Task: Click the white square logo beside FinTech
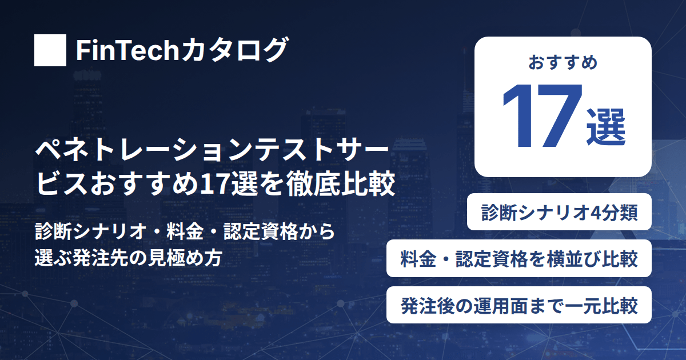[50, 50]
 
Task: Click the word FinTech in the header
[127, 50]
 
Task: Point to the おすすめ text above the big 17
[563, 62]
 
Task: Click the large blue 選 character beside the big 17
[606, 127]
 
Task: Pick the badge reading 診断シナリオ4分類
[559, 212]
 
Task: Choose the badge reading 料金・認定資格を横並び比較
[519, 258]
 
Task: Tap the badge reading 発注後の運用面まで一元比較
[519, 305]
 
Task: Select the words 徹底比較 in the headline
[340, 183]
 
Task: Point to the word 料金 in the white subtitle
[185, 232]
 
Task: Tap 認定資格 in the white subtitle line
[261, 232]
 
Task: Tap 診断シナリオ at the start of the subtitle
[91, 232]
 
